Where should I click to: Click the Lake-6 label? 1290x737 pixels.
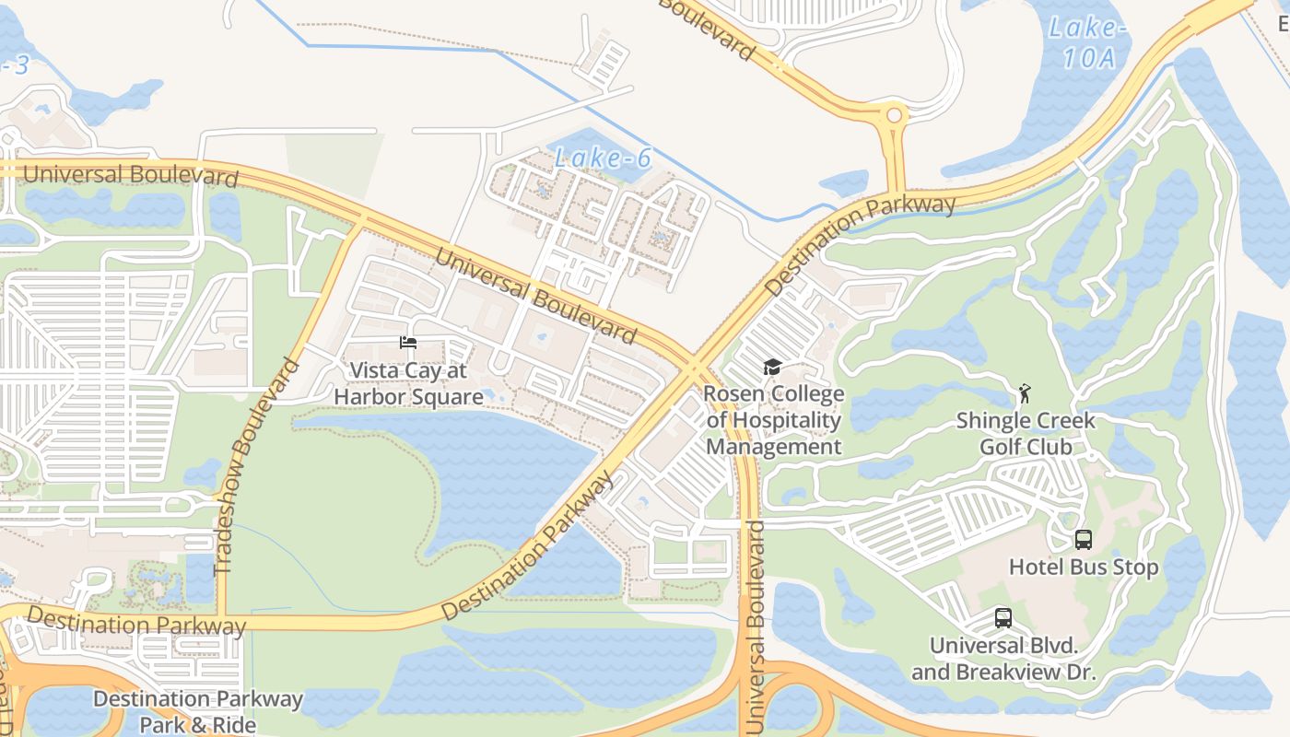point(603,158)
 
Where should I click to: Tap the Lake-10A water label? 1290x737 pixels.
point(1088,42)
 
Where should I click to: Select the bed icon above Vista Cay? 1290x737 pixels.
point(408,343)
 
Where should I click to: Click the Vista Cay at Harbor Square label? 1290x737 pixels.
point(408,384)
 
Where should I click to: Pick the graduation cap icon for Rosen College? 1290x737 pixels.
point(772,368)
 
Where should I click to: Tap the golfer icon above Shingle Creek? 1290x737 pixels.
point(1024,394)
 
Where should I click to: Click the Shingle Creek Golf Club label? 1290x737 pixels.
point(1026,434)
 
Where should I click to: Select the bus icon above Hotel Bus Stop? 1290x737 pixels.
point(1084,540)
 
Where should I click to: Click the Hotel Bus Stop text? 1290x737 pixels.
point(1084,567)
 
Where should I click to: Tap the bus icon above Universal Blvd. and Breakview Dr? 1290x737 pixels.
point(1003,618)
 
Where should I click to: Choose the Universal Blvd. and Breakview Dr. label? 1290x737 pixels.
point(1003,659)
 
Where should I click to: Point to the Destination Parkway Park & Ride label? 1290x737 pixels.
point(198,711)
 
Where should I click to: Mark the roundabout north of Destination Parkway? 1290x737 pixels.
point(893,116)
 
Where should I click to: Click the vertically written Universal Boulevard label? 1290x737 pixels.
point(756,626)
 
